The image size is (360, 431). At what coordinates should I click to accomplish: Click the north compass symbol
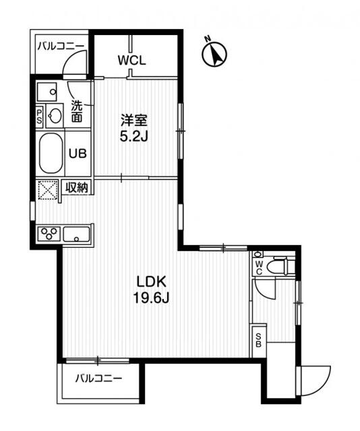(214, 54)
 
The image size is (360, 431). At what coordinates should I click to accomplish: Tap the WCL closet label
(132, 60)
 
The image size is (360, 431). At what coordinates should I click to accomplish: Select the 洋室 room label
(133, 121)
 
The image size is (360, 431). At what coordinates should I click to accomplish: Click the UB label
(76, 153)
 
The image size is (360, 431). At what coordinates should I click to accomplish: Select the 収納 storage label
(77, 188)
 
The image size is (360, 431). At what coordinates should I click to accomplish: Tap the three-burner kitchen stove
(50, 234)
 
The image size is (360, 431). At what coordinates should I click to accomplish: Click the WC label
(258, 267)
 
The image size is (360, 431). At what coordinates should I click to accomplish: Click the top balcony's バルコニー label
(61, 46)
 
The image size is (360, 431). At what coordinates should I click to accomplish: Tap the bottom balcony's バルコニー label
(98, 378)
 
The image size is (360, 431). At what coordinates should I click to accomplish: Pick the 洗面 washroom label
(77, 111)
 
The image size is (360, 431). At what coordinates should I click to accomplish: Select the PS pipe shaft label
(39, 116)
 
